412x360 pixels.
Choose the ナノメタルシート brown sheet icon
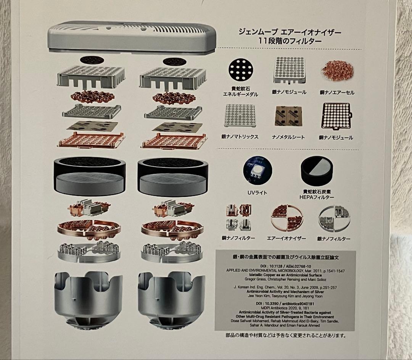tap(288, 116)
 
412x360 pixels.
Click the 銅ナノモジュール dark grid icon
tap(334, 116)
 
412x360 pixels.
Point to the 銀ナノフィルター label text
tap(334, 239)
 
